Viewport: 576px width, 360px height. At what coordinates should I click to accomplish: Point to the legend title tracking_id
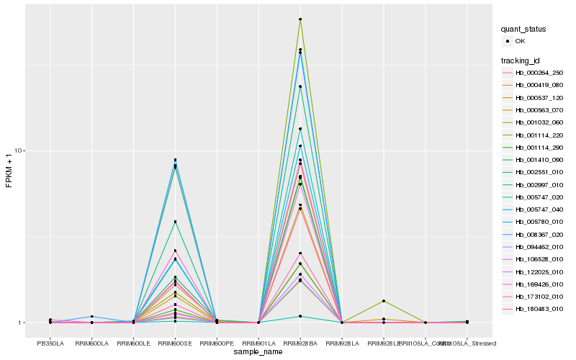[x=522, y=59]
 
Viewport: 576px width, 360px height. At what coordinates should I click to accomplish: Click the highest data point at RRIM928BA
[x=300, y=19]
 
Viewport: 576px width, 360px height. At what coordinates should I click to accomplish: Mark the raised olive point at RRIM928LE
[x=384, y=301]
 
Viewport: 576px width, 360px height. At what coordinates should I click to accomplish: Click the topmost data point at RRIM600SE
[x=175, y=160]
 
